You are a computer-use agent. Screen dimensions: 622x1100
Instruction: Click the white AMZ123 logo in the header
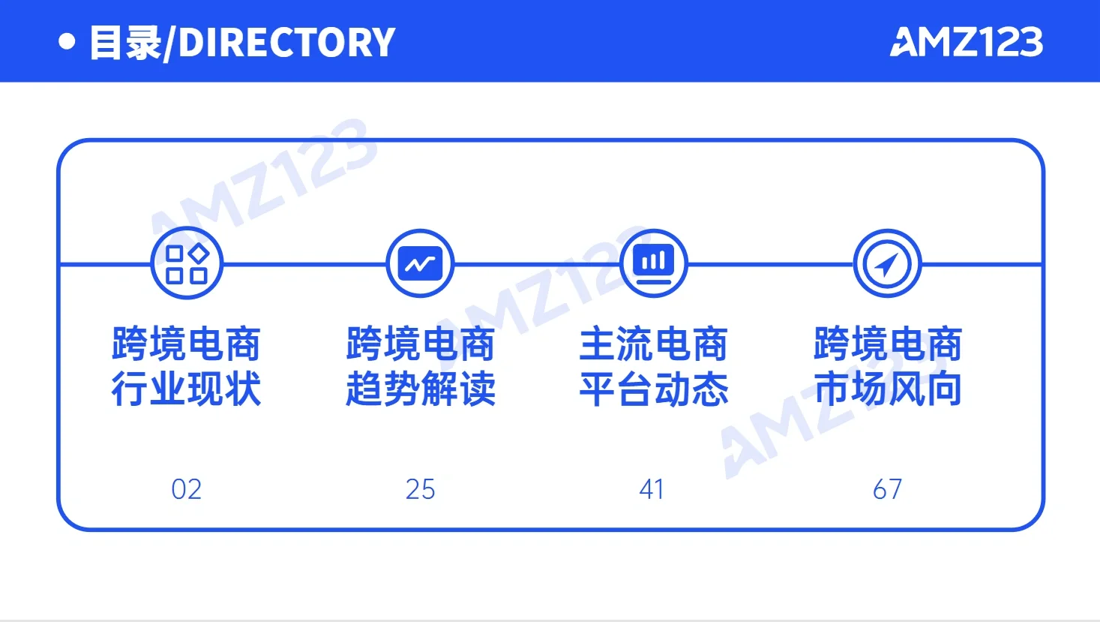[x=966, y=42]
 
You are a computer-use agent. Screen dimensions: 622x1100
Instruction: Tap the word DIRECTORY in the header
[x=287, y=43]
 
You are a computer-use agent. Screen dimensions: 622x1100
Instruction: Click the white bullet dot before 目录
[x=67, y=41]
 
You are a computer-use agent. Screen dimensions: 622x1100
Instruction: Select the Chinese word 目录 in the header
[x=125, y=43]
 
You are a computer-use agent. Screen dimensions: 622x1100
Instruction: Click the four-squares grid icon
[x=187, y=264]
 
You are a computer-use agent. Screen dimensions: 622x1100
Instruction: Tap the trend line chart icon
[x=420, y=264]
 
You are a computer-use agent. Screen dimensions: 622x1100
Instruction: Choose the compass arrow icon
[x=887, y=264]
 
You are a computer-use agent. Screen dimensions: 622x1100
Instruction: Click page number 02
[x=187, y=489]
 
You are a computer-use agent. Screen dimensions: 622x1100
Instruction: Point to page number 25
[x=420, y=489]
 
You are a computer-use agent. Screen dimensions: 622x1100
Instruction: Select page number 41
[x=652, y=489]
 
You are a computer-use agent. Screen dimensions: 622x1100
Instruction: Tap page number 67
[x=887, y=489]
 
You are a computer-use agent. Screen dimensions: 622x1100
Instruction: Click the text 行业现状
[x=187, y=389]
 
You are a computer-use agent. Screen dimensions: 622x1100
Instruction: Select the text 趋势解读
[x=421, y=389]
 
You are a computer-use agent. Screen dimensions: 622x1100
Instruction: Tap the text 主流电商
[x=654, y=344]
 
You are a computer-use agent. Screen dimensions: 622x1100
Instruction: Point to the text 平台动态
[x=654, y=389]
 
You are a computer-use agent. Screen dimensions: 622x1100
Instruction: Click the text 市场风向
[x=888, y=389]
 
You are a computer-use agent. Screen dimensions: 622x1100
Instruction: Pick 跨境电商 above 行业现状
[x=187, y=344]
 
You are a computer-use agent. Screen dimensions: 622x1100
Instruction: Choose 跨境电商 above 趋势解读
[x=421, y=344]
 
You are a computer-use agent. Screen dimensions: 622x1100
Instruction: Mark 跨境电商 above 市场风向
[x=888, y=344]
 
